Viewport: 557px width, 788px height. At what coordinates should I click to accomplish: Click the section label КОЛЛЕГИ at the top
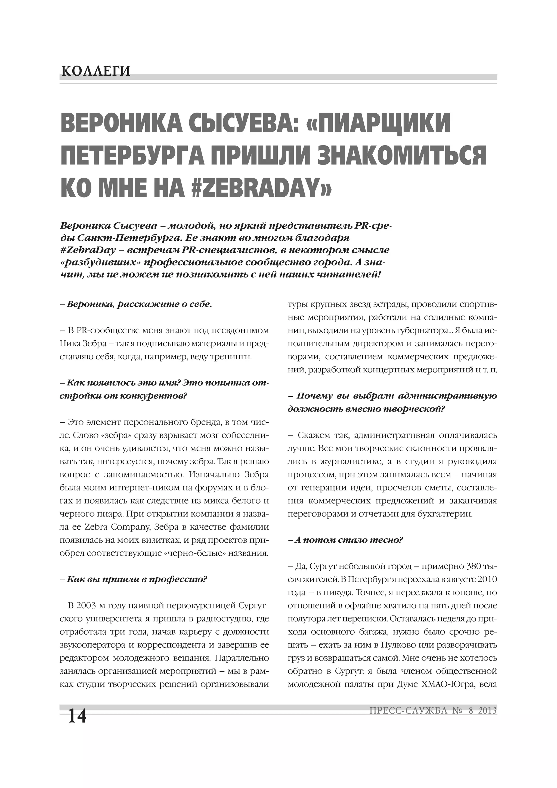coord(96,71)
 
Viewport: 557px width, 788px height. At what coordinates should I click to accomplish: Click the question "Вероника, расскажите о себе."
coord(136,304)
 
